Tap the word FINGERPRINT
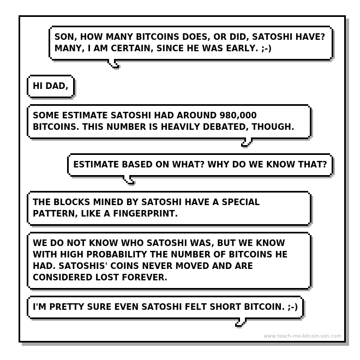[145, 213]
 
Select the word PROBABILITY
[117, 254]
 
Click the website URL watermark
[302, 336]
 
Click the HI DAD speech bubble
[51, 86]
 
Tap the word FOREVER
[145, 277]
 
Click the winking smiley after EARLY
[266, 49]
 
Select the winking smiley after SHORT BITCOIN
[293, 307]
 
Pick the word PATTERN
[55, 214]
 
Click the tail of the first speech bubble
[114, 64]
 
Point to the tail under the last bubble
[241, 322]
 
